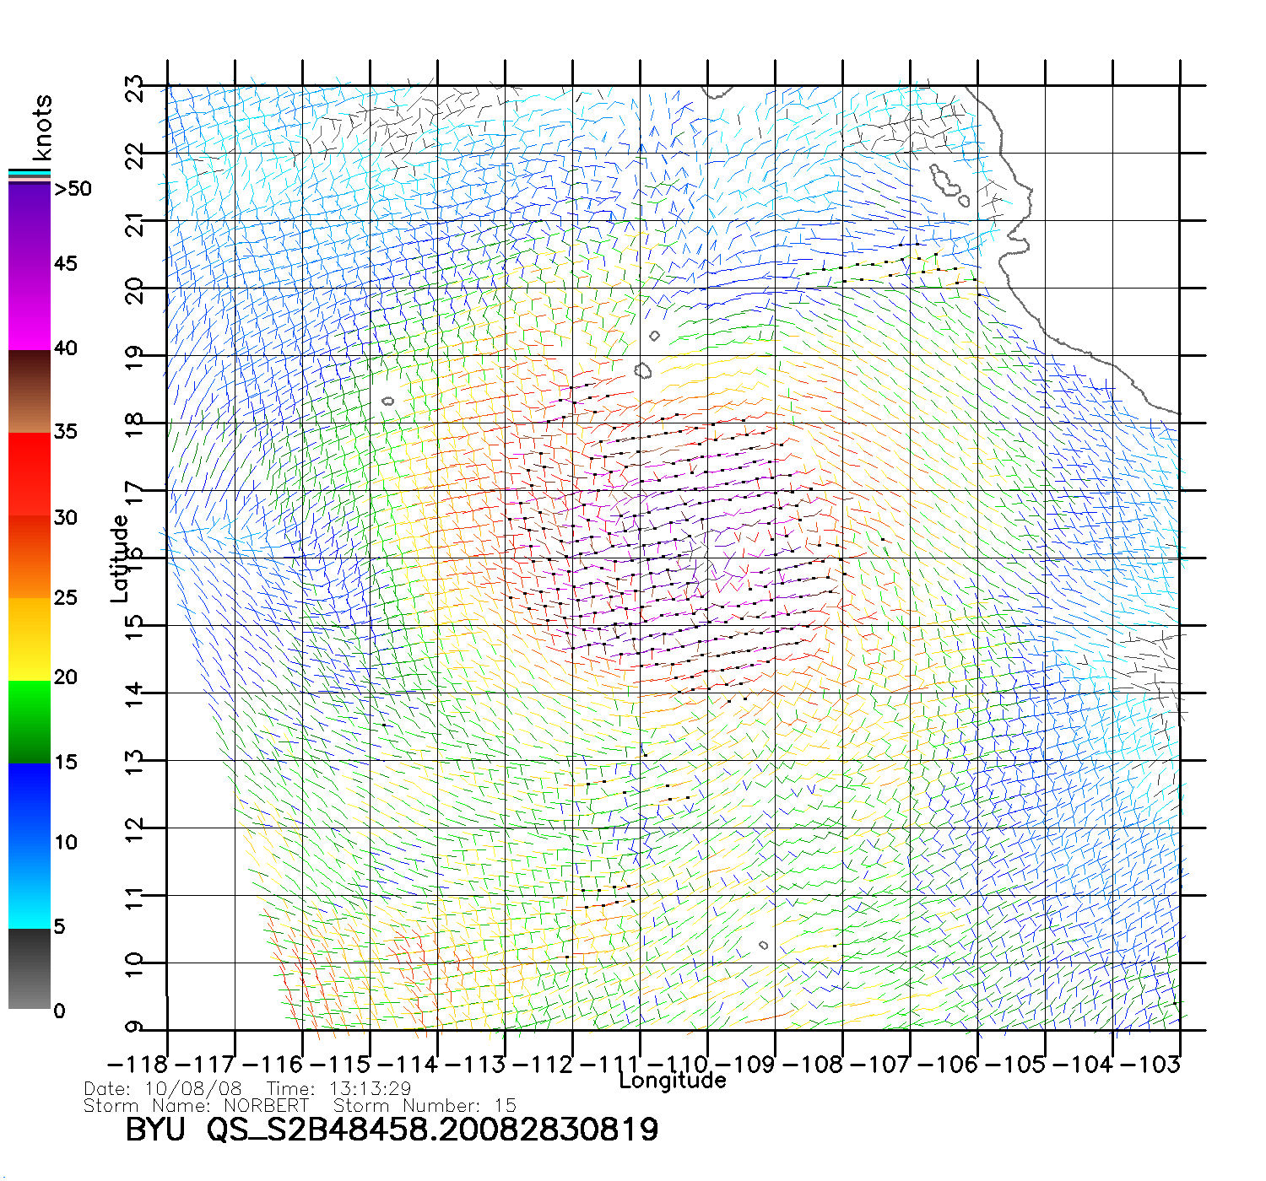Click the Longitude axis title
[673, 1081]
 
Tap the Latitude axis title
[120, 558]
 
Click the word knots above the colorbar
[41, 127]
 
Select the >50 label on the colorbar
[73, 189]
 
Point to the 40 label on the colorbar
[66, 348]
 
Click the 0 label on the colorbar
[59, 1011]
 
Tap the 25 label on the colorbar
[66, 598]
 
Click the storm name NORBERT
[266, 1105]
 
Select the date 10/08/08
[193, 1089]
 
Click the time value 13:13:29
[370, 1089]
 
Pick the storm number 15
[505, 1105]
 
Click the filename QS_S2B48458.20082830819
[432, 1130]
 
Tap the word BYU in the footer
[155, 1130]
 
